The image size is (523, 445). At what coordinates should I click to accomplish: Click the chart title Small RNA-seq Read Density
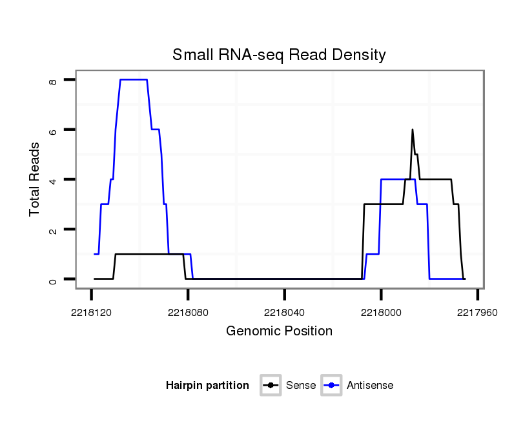pyautogui.click(x=279, y=55)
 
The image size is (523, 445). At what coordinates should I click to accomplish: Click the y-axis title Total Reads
pyautogui.click(x=35, y=179)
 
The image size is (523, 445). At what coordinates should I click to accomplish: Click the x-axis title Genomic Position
pyautogui.click(x=279, y=331)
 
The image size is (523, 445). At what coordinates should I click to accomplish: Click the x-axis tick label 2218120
pyautogui.click(x=91, y=311)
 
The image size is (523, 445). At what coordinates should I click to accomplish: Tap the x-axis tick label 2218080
pyautogui.click(x=188, y=311)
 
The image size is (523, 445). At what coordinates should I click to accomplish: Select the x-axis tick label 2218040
pyautogui.click(x=284, y=311)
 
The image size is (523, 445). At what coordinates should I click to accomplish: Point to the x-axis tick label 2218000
pyautogui.click(x=381, y=311)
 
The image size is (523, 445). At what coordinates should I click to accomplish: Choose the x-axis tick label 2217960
pyautogui.click(x=477, y=311)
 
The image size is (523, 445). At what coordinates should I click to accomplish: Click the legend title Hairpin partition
pyautogui.click(x=207, y=386)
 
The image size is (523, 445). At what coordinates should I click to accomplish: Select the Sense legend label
pyautogui.click(x=300, y=386)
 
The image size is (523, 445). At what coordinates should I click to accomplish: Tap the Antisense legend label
pyautogui.click(x=370, y=386)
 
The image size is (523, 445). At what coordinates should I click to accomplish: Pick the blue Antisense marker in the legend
pyautogui.click(x=333, y=386)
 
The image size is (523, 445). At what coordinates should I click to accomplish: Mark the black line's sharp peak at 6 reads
pyautogui.click(x=412, y=130)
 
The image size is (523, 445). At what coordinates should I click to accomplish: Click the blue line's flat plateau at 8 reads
pyautogui.click(x=134, y=79)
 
